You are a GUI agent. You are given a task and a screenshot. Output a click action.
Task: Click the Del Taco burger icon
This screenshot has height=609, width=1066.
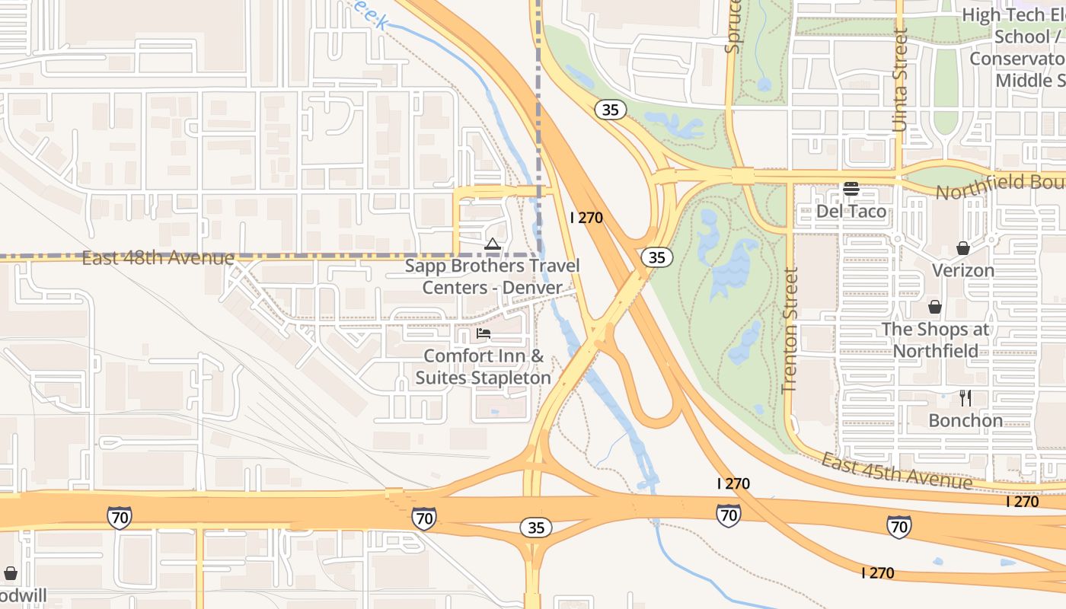(x=851, y=189)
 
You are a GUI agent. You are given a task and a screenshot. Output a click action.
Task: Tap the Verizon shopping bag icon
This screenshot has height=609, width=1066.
(x=963, y=248)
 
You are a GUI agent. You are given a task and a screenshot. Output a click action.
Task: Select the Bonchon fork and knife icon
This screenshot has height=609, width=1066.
(x=965, y=398)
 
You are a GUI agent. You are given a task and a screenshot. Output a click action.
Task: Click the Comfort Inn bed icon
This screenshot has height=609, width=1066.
(x=484, y=333)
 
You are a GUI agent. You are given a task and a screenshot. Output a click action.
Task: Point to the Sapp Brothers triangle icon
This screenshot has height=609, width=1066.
(x=493, y=244)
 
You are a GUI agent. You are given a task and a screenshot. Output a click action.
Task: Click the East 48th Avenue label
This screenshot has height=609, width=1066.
(x=158, y=258)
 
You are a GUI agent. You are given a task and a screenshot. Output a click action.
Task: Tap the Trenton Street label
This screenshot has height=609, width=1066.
(x=790, y=330)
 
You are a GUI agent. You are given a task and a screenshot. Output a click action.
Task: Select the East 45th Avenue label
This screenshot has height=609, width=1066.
(x=896, y=470)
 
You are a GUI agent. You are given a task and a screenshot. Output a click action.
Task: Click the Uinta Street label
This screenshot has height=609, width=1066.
(x=901, y=80)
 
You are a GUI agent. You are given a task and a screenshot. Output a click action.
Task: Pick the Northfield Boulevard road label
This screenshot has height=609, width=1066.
(x=999, y=187)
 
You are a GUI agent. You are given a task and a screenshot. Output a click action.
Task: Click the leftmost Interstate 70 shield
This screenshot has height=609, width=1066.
(x=119, y=518)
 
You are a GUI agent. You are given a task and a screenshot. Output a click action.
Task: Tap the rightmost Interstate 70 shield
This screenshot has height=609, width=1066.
(x=899, y=526)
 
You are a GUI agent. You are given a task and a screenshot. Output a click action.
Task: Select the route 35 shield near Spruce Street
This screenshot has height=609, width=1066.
(x=611, y=110)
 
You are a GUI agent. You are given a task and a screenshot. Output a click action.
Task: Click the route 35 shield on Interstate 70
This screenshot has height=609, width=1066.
(x=536, y=528)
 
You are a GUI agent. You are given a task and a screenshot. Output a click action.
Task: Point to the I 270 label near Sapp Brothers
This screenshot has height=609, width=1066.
(x=586, y=218)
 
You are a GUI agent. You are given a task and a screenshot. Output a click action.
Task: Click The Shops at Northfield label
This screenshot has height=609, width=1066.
(x=935, y=340)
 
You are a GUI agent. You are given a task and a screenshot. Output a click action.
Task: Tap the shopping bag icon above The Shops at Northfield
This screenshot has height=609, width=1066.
(x=934, y=307)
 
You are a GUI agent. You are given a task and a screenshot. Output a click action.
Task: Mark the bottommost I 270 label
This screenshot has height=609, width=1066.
(x=878, y=572)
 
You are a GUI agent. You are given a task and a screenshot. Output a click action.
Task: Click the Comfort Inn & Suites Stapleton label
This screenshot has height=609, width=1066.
(x=484, y=367)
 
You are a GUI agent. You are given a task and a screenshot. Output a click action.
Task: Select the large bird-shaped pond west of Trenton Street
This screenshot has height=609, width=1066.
(x=731, y=266)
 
